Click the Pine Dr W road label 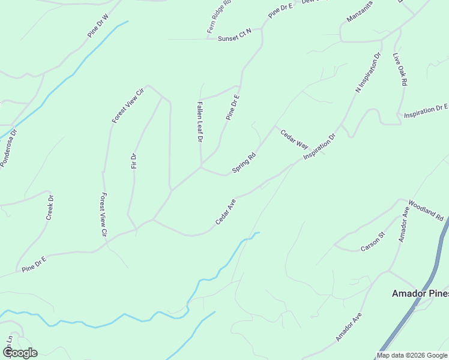tap(97, 26)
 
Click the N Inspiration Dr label tap(369, 73)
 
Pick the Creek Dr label tap(50, 207)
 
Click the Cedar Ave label tap(226, 213)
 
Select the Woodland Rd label tap(426, 209)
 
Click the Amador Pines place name tap(420, 293)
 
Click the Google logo tap(20, 353)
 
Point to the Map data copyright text tap(412, 355)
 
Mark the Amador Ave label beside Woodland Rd tap(404, 224)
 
